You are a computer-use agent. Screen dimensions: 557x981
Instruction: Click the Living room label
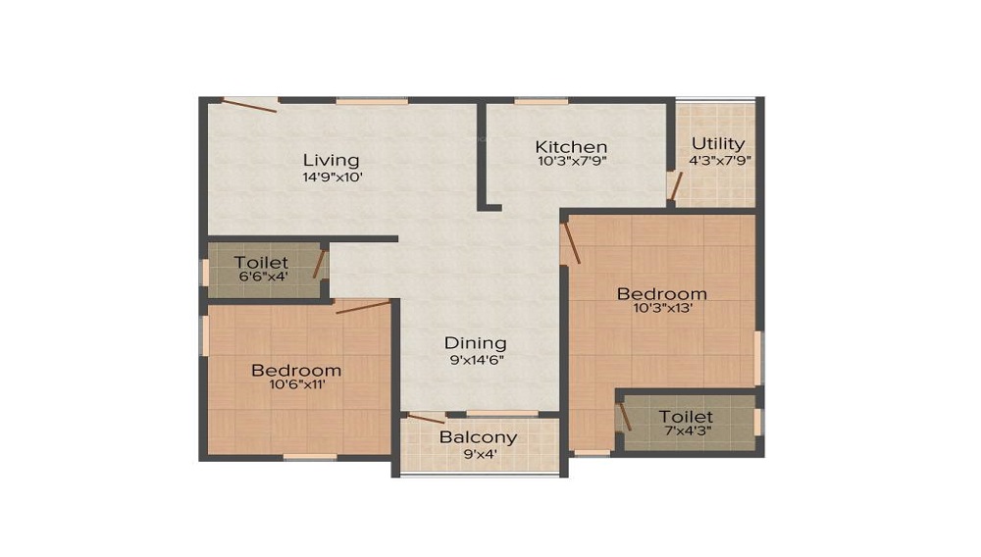coord(331,160)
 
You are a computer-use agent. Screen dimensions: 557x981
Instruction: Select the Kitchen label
coord(572,146)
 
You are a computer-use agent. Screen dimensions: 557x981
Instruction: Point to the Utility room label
coord(718,143)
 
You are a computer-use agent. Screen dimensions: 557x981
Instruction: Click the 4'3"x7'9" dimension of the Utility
coord(718,160)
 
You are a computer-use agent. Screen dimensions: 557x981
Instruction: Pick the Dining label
coord(476,342)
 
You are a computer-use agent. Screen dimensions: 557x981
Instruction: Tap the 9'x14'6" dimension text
coord(476,359)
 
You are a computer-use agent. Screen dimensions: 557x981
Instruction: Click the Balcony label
coord(478,437)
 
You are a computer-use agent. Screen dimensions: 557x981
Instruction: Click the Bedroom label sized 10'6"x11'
coord(296,370)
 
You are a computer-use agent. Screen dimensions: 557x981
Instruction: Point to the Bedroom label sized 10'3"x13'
coord(661,293)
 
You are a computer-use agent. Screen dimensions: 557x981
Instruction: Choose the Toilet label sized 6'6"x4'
coord(261,263)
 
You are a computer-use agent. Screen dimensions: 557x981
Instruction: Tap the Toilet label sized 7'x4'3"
coord(686,417)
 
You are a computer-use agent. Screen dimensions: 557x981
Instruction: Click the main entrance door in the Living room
coord(251,104)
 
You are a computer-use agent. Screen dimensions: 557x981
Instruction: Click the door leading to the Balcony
coord(426,419)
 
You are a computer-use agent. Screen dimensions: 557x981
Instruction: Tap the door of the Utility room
coord(674,185)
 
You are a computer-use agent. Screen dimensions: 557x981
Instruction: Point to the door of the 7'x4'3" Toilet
coord(624,416)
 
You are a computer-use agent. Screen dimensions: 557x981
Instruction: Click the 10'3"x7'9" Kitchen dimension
coord(572,161)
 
